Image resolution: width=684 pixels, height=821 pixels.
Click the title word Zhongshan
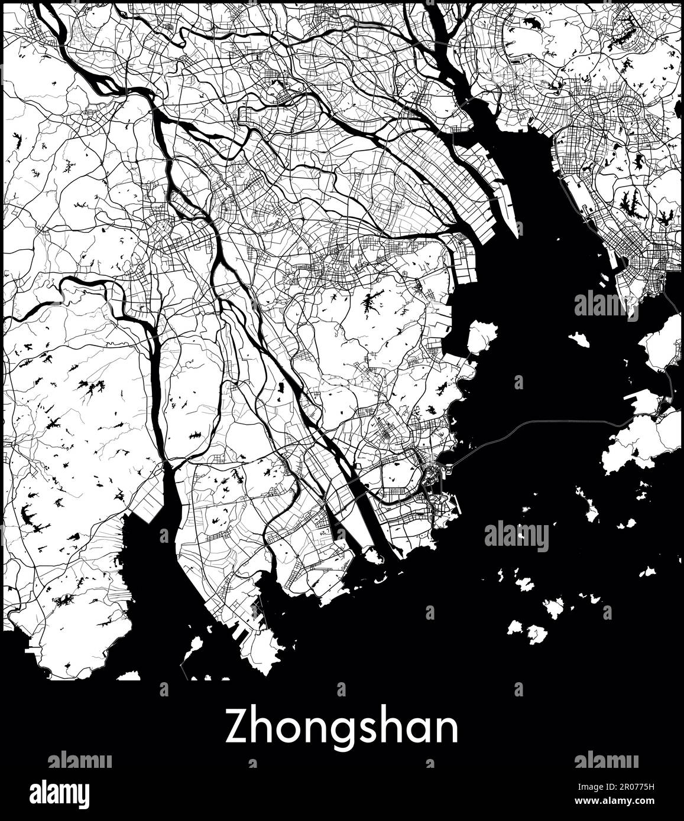(342, 728)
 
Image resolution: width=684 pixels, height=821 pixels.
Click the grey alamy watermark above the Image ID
(606, 760)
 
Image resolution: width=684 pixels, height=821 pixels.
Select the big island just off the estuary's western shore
(482, 337)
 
